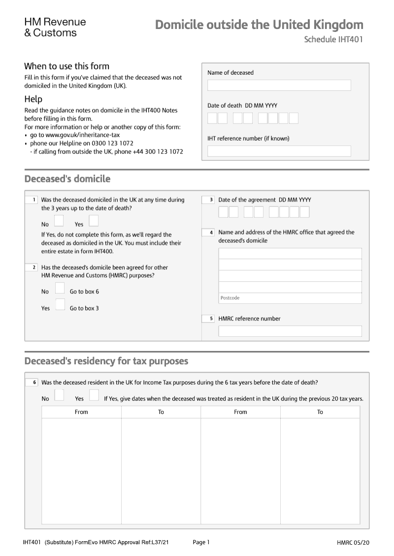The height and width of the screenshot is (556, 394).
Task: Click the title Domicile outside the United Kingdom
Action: pos(259,25)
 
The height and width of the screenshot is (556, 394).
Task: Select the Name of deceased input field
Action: pos(279,86)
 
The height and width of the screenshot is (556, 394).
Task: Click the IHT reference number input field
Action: pos(279,151)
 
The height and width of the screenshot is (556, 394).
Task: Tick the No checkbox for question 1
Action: pos(59,220)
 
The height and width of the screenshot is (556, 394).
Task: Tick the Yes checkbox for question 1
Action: pos(93,220)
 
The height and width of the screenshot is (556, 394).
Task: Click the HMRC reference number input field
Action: pos(290,331)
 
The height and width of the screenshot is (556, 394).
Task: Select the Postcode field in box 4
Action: pos(290,298)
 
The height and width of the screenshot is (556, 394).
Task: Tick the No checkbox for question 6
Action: pos(59,395)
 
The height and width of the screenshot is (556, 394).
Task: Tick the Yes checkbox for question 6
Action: pos(94,395)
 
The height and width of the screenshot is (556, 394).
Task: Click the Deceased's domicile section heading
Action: pos(67,179)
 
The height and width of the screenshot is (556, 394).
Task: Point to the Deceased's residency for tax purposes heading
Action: pos(106,361)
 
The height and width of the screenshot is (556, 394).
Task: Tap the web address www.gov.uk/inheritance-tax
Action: pos(82,135)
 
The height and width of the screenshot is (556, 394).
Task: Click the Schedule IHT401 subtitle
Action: pos(333,40)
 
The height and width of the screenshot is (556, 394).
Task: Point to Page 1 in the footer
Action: pos(201,542)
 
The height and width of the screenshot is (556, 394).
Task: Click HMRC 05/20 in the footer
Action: pos(353,543)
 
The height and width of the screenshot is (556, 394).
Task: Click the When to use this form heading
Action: pos(67,66)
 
